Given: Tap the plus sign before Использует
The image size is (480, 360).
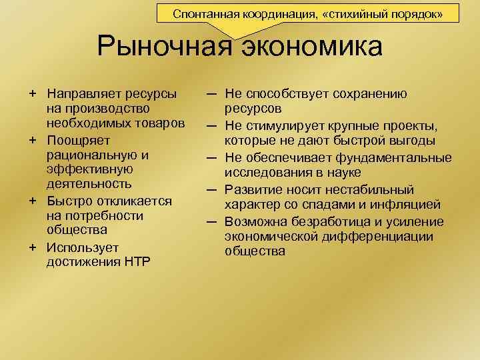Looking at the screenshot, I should (32, 247).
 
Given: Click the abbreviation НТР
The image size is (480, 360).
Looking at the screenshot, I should (135, 261).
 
